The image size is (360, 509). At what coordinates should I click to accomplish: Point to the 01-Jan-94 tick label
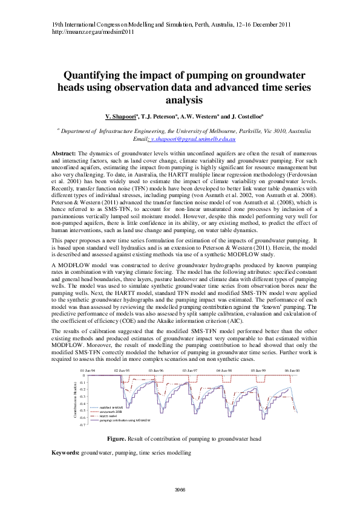88,369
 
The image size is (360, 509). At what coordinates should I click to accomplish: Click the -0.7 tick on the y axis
82,425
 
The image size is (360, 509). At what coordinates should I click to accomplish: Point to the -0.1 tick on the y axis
82,382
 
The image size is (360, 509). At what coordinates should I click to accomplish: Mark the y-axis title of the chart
76,400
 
